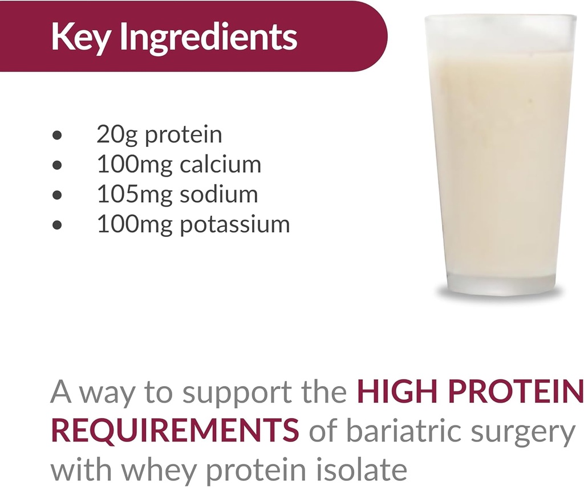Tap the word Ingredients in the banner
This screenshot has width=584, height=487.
[209, 37]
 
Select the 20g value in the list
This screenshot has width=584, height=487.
[116, 136]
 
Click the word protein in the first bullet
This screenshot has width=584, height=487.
[183, 136]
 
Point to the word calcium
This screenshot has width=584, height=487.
[220, 165]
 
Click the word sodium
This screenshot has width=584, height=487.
[219, 194]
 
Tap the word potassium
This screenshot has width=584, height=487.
[235, 224]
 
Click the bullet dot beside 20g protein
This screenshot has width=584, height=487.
[56, 136]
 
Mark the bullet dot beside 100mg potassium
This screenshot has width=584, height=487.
[56, 225]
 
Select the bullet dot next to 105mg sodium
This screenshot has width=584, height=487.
[56, 195]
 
